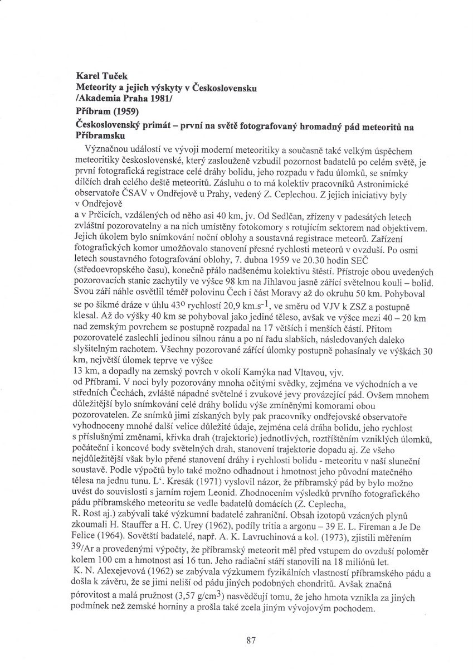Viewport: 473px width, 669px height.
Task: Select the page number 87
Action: point(250,641)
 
